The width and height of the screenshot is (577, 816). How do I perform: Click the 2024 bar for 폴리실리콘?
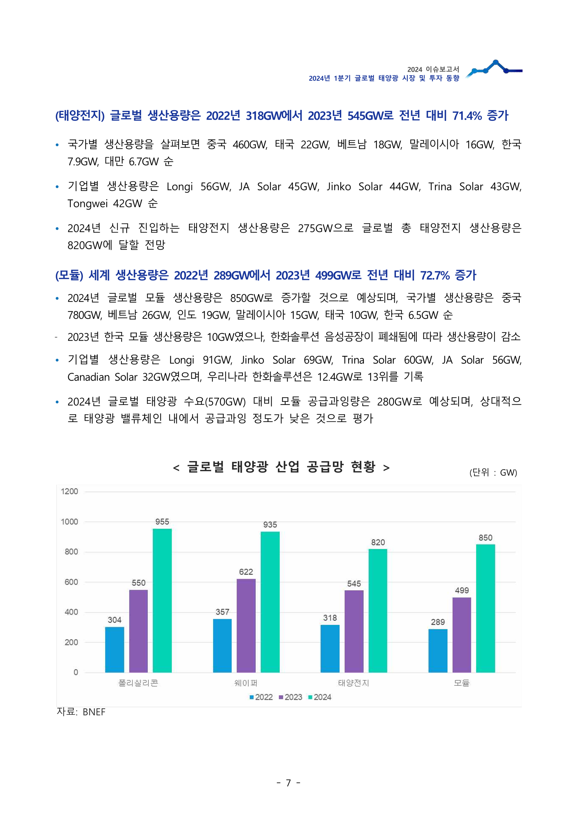tap(162, 600)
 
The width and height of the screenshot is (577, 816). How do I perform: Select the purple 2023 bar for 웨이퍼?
tap(246, 625)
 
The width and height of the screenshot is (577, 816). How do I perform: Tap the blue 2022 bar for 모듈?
tap(438, 651)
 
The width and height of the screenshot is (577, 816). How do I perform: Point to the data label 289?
tap(438, 622)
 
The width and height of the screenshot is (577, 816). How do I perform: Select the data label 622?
tap(246, 572)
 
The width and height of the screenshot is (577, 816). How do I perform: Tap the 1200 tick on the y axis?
tap(69, 492)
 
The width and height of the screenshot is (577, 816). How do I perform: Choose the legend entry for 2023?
tap(291, 697)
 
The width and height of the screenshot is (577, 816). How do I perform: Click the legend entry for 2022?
tap(261, 697)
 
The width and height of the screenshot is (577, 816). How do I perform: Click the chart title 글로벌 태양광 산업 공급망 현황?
tap(281, 467)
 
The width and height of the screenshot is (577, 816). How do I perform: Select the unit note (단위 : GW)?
tap(493, 472)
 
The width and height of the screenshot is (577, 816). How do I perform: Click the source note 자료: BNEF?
tap(81, 712)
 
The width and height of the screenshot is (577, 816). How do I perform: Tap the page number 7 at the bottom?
tap(288, 783)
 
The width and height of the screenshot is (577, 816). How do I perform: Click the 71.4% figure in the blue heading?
tap(467, 115)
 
